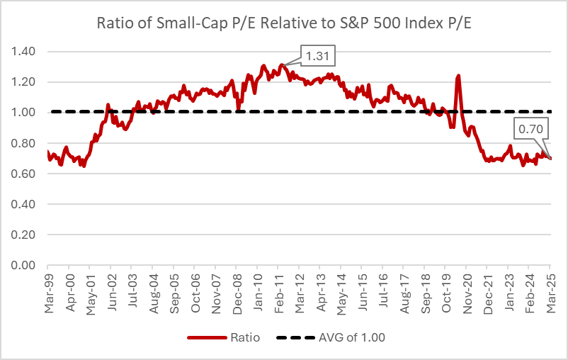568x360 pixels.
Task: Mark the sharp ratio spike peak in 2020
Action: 459,75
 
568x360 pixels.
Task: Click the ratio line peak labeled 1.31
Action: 282,65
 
